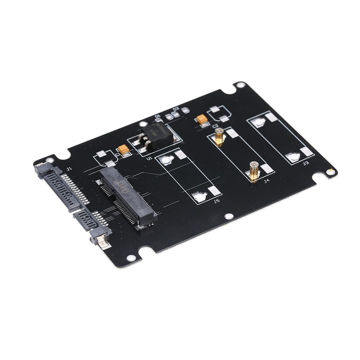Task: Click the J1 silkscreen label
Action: pyautogui.click(x=69, y=168)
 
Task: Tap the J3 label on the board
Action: pyautogui.click(x=306, y=163)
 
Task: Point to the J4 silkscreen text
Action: pyautogui.click(x=266, y=181)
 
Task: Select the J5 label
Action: pyautogui.click(x=216, y=201)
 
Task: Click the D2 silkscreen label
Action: pyautogui.click(x=176, y=109)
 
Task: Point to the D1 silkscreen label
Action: pyautogui.click(x=157, y=116)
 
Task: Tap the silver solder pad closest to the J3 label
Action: pyautogui.click(x=293, y=157)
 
